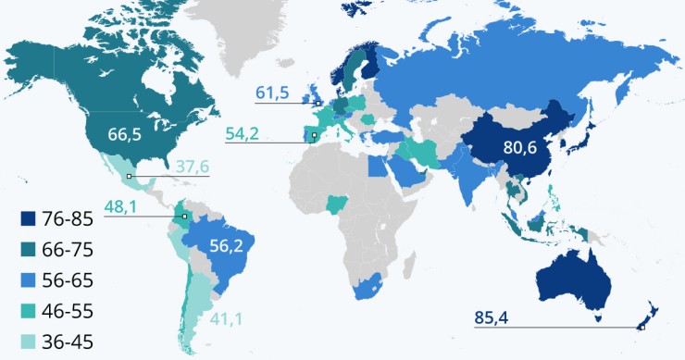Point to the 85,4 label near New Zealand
492,318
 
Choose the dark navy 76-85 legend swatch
29,219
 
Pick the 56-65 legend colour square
29,281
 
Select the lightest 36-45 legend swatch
29,342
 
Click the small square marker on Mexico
130,176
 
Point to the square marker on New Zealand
641,327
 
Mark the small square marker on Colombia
185,217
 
